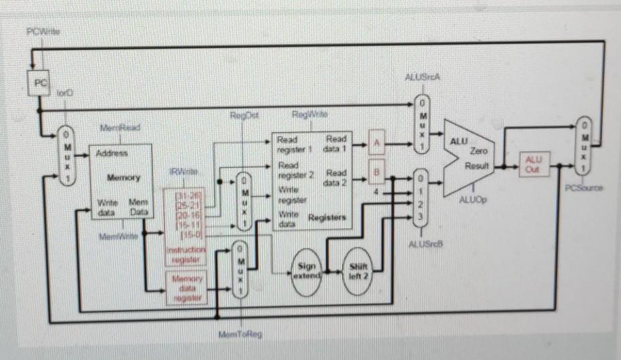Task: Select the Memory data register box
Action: coord(186,288)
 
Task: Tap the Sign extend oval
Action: coord(307,271)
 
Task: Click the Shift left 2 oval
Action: coord(358,270)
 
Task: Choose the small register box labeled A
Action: coord(379,143)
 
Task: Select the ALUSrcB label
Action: coord(425,243)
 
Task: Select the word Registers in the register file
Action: coord(328,218)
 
